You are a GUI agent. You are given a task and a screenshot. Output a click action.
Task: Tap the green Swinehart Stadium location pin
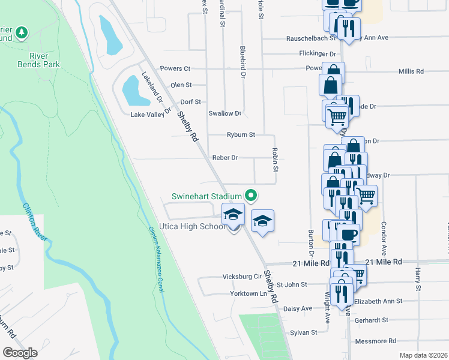click(x=252, y=196)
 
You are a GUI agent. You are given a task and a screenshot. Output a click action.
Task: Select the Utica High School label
click(x=191, y=226)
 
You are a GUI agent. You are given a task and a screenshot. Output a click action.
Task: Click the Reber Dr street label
click(x=225, y=158)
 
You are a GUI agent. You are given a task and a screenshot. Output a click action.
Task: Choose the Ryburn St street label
click(x=241, y=134)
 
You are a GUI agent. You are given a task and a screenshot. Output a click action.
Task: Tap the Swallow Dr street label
click(x=224, y=113)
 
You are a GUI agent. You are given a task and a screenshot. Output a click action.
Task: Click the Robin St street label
click(x=275, y=160)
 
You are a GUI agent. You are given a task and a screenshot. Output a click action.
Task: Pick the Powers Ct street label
click(x=175, y=69)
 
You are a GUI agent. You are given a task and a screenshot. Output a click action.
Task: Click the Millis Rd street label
click(x=411, y=71)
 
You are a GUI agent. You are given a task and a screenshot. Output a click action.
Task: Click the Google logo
click(x=20, y=352)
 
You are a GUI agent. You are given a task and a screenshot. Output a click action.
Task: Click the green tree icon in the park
click(x=22, y=31)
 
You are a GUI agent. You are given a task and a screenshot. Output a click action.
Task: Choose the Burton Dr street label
click(x=311, y=239)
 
